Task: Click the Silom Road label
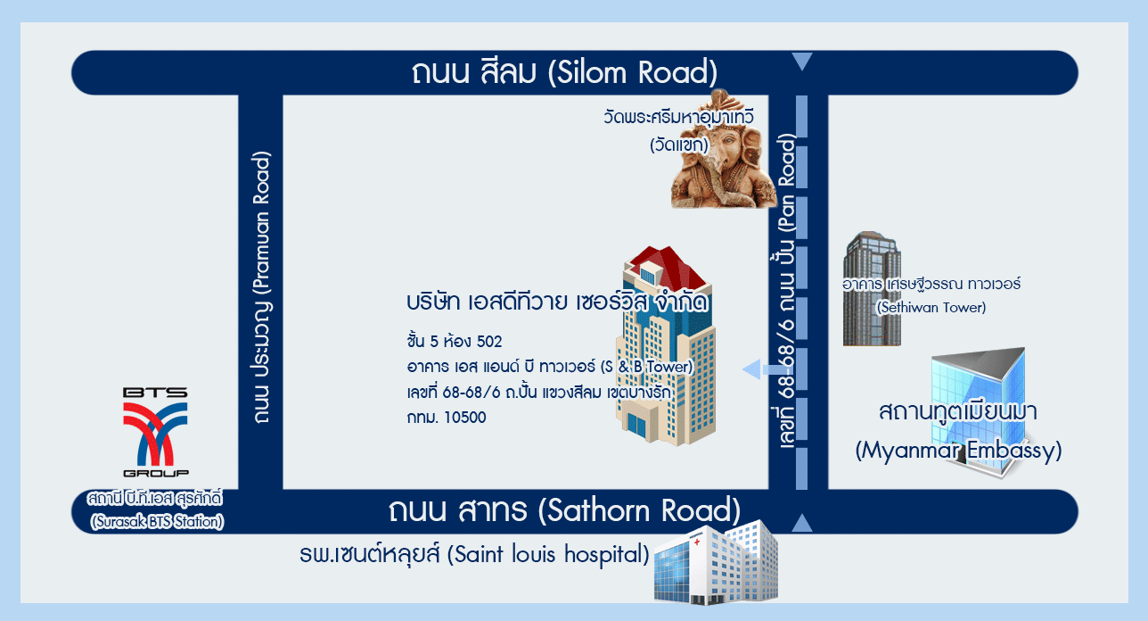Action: pos(564,72)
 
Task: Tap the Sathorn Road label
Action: pos(564,510)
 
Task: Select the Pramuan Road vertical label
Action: pos(261,287)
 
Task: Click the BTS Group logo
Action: pos(155,432)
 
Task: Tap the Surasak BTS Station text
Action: pos(156,510)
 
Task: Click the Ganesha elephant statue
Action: pos(724,150)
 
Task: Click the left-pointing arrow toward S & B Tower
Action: pos(760,369)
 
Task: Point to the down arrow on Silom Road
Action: pos(802,61)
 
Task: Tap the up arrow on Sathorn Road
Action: pos(802,523)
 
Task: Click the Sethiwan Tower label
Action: pos(931,295)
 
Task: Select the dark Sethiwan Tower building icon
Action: pos(872,288)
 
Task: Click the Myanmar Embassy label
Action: pos(958,431)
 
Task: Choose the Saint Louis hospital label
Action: pos(474,554)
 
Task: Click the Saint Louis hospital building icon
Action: pos(716,563)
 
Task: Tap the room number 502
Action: pos(489,342)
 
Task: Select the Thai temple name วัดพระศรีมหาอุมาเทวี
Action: pos(678,117)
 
